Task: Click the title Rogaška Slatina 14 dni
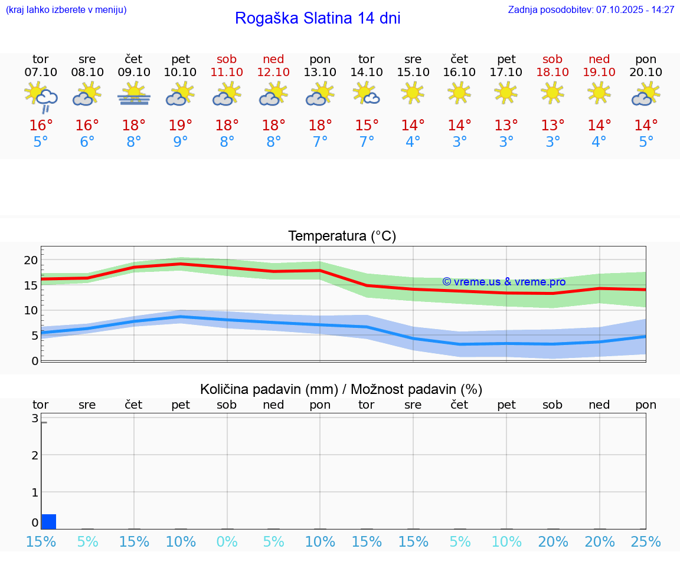(x=318, y=18)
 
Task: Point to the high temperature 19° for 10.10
(x=181, y=125)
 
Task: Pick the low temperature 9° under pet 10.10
(x=181, y=142)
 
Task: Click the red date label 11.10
(x=227, y=73)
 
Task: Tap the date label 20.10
(x=646, y=73)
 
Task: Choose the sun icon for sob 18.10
(x=552, y=93)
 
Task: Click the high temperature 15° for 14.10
(x=367, y=125)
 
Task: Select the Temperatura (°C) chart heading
(x=342, y=236)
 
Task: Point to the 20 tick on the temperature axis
(x=31, y=260)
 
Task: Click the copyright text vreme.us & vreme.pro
(x=504, y=282)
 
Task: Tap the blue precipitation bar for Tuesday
(x=49, y=521)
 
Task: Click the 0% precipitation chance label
(x=227, y=542)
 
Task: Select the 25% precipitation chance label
(x=646, y=542)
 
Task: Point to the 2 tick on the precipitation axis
(x=35, y=455)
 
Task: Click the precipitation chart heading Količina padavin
(x=341, y=389)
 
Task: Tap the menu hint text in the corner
(x=66, y=9)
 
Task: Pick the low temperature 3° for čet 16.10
(x=459, y=142)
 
